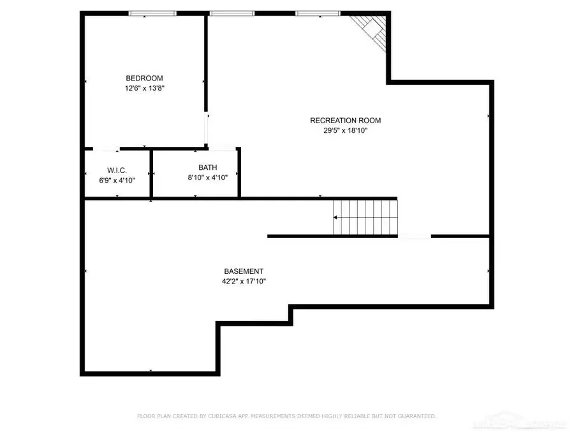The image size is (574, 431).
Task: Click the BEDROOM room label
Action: pos(143,79)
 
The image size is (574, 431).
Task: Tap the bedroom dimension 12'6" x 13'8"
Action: pos(145,89)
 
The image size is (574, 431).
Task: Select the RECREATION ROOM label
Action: pos(345,120)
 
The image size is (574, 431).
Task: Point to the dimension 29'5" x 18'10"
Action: pos(346,130)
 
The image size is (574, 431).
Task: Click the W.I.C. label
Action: pos(117,170)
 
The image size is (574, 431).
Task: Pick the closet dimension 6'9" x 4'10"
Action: pos(117,180)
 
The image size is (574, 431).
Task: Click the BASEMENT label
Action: pos(243,271)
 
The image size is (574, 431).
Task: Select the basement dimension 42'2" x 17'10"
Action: pos(243,281)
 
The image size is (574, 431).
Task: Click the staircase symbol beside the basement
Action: pos(365,217)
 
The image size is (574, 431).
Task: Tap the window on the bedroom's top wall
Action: pos(153,13)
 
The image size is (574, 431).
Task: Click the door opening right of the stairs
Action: pos(415,236)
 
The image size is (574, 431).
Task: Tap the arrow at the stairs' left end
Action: pos(336,218)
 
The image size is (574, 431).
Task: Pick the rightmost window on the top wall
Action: pos(317,13)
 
